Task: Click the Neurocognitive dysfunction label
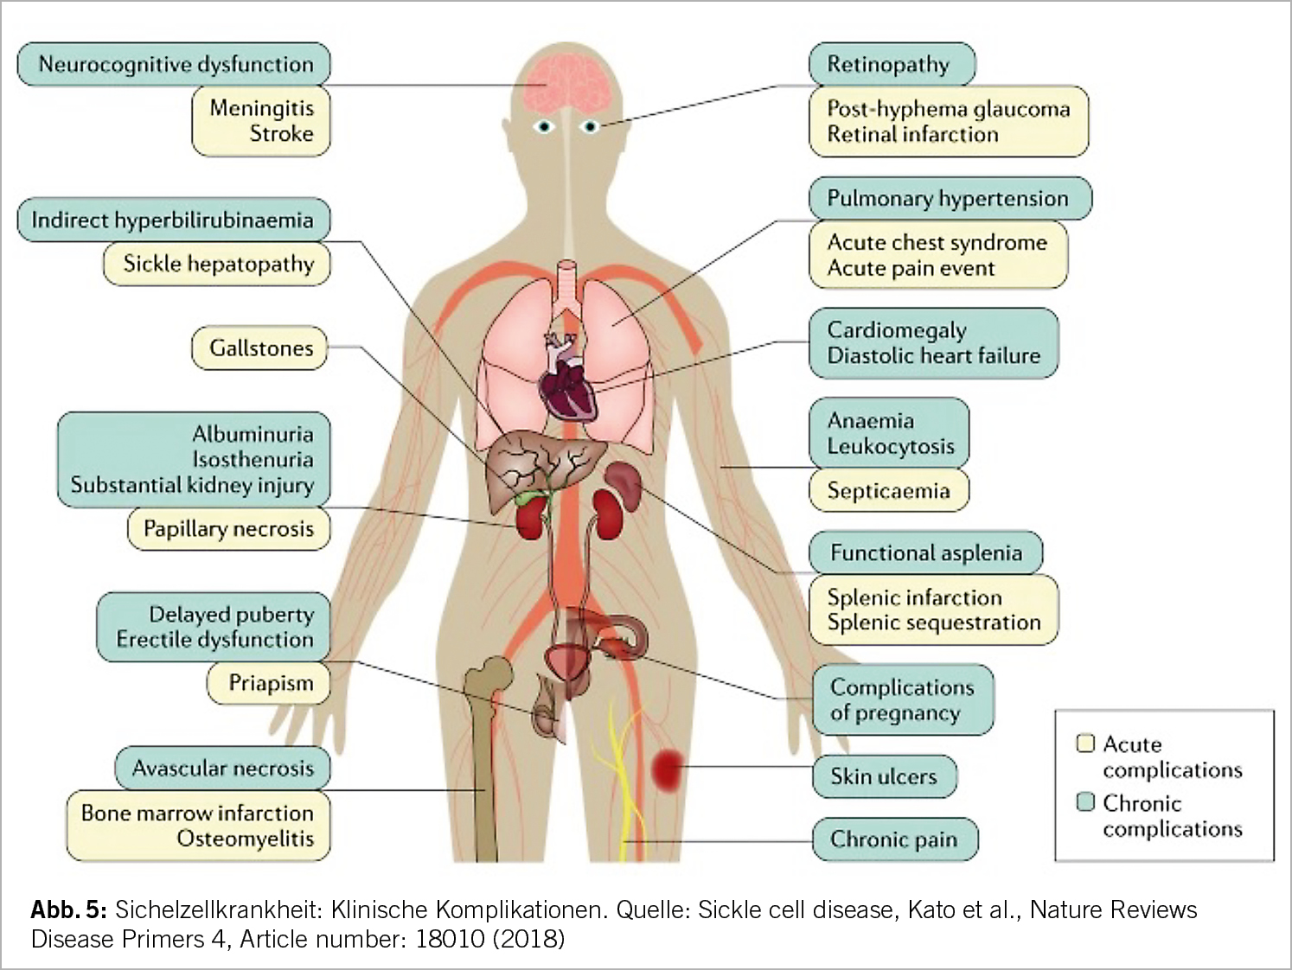click(x=175, y=65)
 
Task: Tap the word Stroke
click(x=281, y=134)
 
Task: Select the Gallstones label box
click(x=260, y=348)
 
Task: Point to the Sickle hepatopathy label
click(x=218, y=264)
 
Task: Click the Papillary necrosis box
click(x=228, y=529)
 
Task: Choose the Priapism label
click(x=270, y=684)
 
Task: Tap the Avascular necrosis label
click(x=222, y=769)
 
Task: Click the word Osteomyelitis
click(x=245, y=839)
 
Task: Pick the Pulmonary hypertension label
click(x=948, y=199)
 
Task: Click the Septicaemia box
click(x=888, y=491)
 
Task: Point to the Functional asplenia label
click(x=925, y=553)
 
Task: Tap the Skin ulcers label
click(x=884, y=776)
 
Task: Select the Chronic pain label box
click(x=893, y=839)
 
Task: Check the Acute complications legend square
click(x=1085, y=743)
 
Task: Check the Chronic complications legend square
click(x=1085, y=802)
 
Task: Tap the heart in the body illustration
click(x=568, y=385)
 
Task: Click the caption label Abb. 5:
click(x=68, y=909)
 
